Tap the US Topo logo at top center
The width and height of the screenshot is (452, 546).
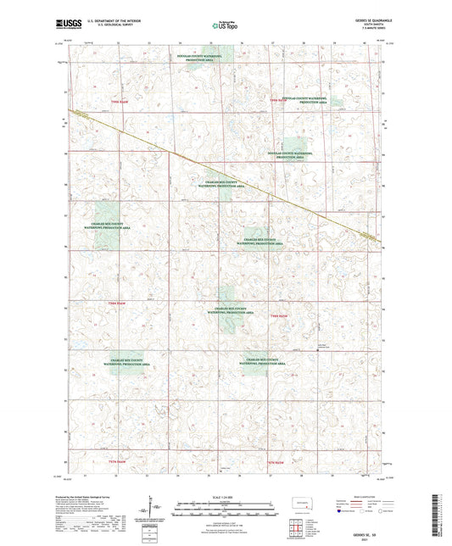(225, 26)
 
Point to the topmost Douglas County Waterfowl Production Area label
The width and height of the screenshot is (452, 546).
(199, 58)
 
